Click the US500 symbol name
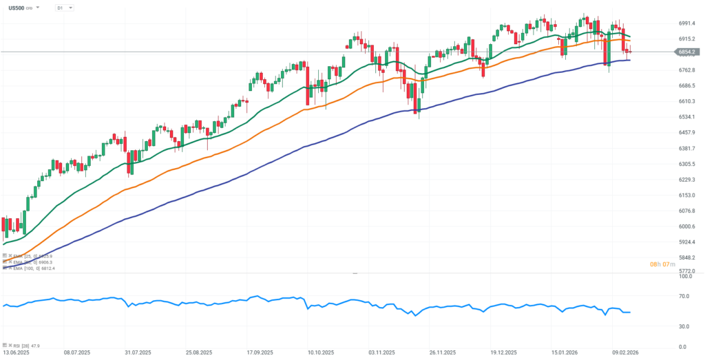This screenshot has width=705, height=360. click(x=17, y=8)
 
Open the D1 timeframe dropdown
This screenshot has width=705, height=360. click(x=65, y=8)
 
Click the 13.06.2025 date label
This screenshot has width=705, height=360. click(x=16, y=352)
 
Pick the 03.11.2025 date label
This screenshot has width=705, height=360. click(x=381, y=352)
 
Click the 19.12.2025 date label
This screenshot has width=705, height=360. click(x=503, y=352)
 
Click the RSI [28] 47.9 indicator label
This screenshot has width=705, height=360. click(x=28, y=346)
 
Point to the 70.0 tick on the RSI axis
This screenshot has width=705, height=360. click(x=684, y=296)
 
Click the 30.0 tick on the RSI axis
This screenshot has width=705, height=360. click(x=684, y=326)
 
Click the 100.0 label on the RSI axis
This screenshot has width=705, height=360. click(x=684, y=276)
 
